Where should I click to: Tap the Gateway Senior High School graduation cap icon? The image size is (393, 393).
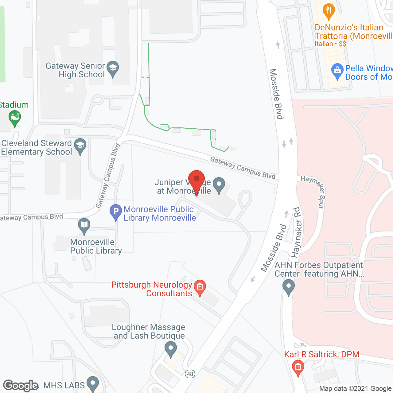click(x=113, y=68)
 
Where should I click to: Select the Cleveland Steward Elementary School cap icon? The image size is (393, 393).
click(x=80, y=146)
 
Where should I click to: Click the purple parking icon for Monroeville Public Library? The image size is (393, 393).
click(x=116, y=212)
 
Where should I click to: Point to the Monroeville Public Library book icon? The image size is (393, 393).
click(x=84, y=225)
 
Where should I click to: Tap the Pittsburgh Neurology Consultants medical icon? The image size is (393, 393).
click(x=200, y=287)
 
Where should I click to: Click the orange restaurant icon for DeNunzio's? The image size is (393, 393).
click(x=329, y=10)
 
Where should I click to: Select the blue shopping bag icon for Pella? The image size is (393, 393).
click(x=337, y=71)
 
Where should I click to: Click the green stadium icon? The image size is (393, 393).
click(x=14, y=118)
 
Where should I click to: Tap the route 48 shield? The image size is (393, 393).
click(x=190, y=374)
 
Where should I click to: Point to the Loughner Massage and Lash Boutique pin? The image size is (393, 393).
click(x=171, y=349)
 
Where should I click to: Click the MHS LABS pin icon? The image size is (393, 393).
click(x=93, y=383)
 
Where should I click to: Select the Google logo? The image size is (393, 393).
click(x=21, y=385)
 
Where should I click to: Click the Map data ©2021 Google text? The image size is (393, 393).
click(x=356, y=389)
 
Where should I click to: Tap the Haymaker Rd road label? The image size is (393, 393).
click(x=296, y=233)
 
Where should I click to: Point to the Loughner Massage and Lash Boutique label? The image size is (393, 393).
click(x=149, y=332)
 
